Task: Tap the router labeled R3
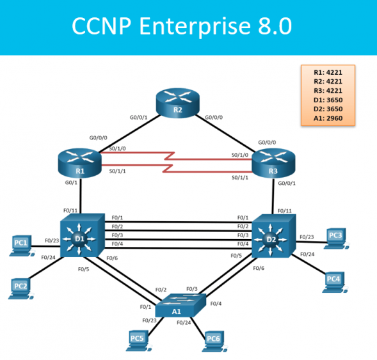click(x=275, y=164)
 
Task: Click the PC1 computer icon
click(x=21, y=246)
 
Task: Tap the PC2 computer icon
click(x=20, y=288)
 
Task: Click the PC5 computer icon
click(x=136, y=340)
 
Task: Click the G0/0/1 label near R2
click(x=138, y=118)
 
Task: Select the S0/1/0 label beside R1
click(x=117, y=149)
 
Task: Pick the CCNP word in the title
click(x=98, y=26)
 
